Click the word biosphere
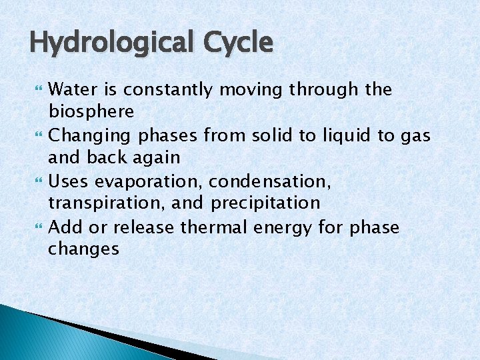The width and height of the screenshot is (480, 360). tap(91, 111)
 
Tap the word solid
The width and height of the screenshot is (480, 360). tap(274, 136)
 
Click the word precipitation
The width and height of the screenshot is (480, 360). tap(265, 203)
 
